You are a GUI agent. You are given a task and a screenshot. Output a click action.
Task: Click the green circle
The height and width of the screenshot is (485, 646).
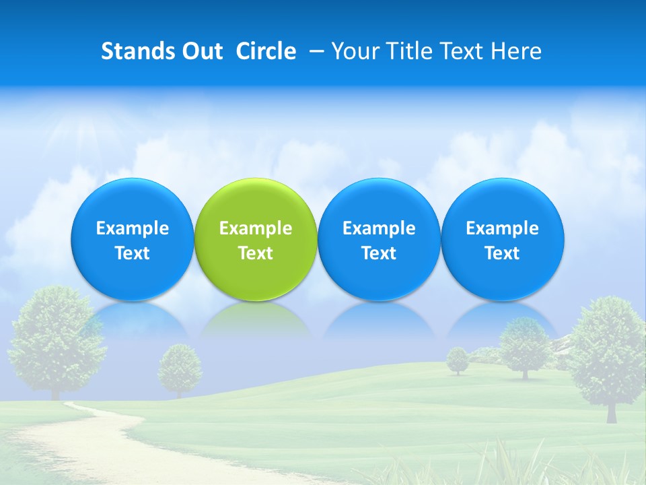[256, 240]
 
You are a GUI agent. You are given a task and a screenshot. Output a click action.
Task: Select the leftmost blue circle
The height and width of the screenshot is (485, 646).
[133, 240]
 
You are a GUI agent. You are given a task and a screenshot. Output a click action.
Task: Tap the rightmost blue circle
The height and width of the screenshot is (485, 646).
[503, 240]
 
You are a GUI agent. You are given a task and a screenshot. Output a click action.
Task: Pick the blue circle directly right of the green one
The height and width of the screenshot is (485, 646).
[379, 240]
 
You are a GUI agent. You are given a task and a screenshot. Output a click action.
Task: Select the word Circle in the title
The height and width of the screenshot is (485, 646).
[266, 52]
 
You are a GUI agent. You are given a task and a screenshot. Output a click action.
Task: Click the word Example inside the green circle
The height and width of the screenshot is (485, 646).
[256, 228]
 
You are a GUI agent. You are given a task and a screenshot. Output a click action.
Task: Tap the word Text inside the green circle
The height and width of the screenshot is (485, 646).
[256, 253]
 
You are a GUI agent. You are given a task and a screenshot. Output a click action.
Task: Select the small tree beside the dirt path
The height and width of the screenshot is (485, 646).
[180, 367]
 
